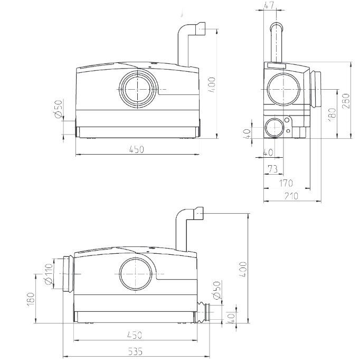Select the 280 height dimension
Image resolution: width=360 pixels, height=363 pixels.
[x=346, y=101]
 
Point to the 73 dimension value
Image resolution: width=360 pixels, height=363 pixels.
[x=273, y=169]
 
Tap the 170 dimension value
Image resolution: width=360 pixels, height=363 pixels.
[x=286, y=183]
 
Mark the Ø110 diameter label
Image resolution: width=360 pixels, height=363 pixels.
[x=49, y=274]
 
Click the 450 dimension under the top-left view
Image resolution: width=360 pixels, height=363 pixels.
[x=136, y=150]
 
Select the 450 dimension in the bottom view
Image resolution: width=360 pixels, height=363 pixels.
[x=136, y=335]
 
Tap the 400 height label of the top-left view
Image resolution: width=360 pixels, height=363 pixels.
[x=212, y=85]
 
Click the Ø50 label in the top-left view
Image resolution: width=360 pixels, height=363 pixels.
[x=59, y=109]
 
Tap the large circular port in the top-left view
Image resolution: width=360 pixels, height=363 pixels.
[x=138, y=88]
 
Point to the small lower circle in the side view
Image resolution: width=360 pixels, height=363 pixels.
[x=273, y=128]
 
